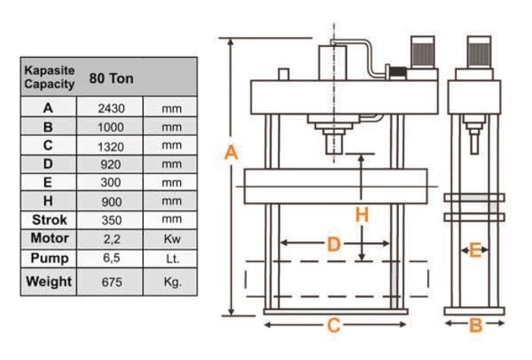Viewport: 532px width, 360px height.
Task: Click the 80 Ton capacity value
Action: (x=111, y=79)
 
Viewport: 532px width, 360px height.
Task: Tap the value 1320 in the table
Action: (x=111, y=147)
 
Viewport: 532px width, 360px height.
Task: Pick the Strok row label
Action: (x=49, y=219)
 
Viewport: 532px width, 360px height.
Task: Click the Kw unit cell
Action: (x=172, y=238)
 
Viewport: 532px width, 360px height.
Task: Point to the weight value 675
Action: (x=112, y=282)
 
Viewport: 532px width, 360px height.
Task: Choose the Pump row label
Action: (x=49, y=258)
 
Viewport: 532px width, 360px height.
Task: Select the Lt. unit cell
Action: (x=173, y=259)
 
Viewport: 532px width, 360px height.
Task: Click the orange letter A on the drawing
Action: (x=231, y=153)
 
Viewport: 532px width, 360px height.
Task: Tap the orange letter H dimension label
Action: (x=362, y=215)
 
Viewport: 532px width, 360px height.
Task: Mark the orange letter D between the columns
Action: (x=334, y=244)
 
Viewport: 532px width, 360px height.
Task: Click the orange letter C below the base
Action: (x=334, y=325)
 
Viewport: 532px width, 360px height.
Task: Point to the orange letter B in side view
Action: (x=475, y=325)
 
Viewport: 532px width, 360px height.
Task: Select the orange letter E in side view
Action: (x=475, y=251)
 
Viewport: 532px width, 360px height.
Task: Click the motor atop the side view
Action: (x=479, y=52)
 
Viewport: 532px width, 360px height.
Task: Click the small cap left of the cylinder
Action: (x=283, y=74)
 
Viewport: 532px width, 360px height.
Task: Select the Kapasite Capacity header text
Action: (x=49, y=77)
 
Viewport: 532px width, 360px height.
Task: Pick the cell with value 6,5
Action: (x=111, y=258)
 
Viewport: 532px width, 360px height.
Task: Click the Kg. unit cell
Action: (x=173, y=282)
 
